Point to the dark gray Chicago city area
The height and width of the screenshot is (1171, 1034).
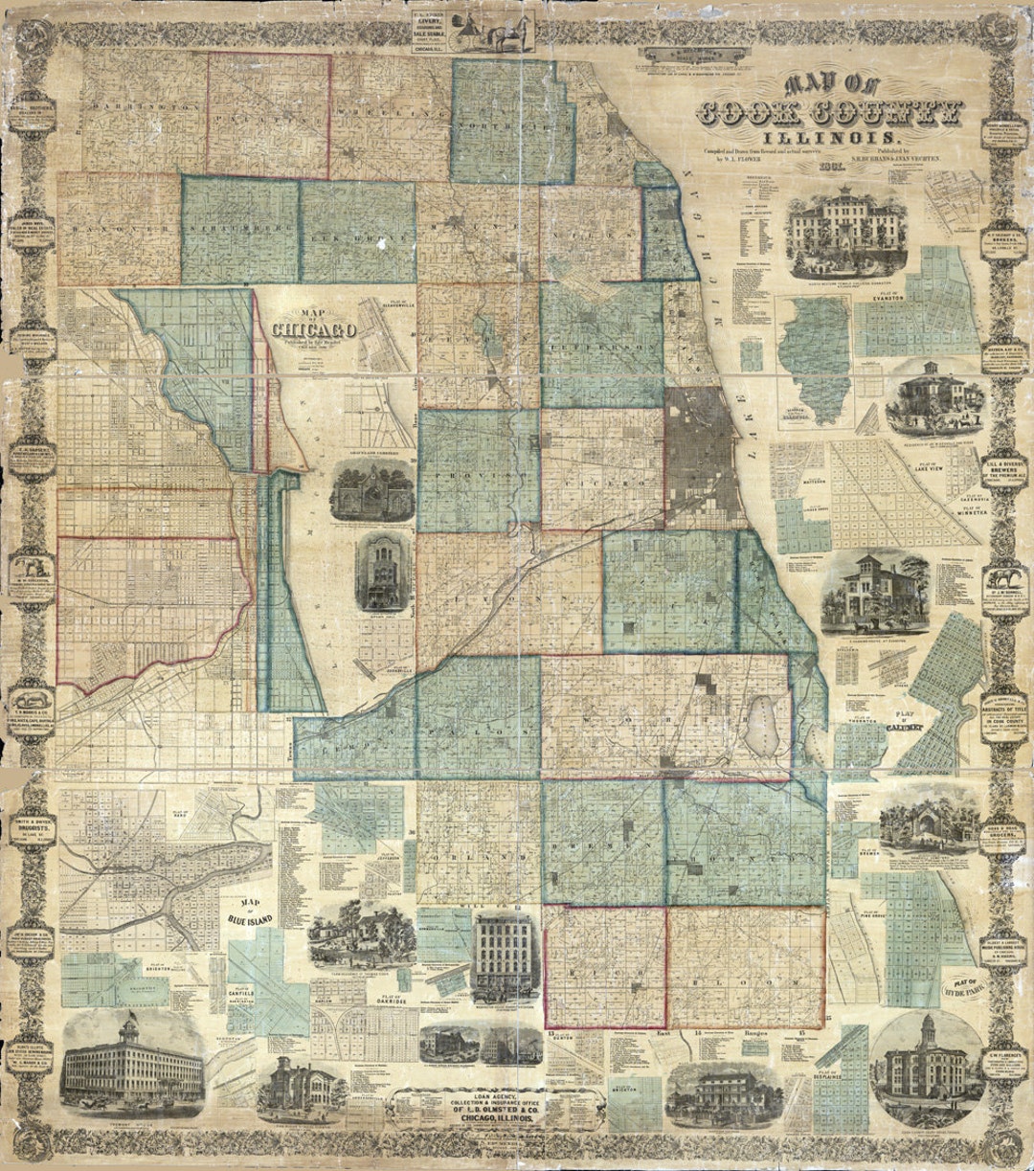[x=704, y=450]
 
